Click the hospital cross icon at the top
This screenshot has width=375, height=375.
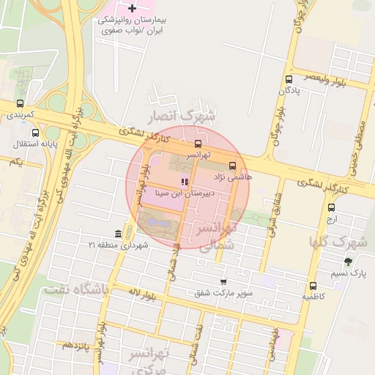click(x=132, y=9)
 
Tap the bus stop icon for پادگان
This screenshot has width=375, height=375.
click(x=289, y=80)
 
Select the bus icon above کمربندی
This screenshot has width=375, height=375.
click(x=20, y=104)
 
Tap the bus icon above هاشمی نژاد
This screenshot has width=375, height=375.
click(x=233, y=166)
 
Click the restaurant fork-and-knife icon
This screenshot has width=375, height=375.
click(x=184, y=182)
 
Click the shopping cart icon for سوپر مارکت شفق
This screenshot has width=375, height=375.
click(x=223, y=281)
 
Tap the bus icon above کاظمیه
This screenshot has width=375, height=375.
click(x=313, y=286)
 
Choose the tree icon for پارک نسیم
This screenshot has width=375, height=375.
click(x=347, y=261)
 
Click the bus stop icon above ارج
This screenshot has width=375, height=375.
click(x=331, y=207)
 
